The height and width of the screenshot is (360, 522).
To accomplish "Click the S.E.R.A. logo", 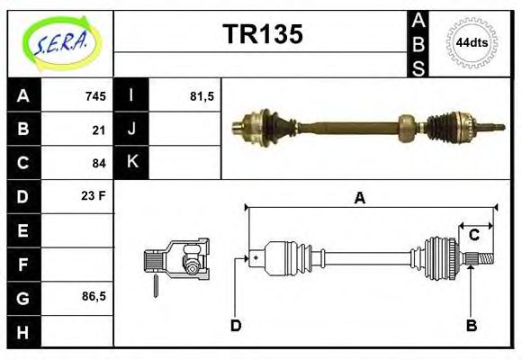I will click(x=60, y=42).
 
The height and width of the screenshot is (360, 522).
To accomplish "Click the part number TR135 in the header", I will click(x=262, y=34).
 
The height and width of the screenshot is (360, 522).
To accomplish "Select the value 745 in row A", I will click(x=95, y=96).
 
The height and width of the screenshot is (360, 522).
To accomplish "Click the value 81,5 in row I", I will click(x=202, y=96).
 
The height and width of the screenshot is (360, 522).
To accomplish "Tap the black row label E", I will click(x=22, y=230).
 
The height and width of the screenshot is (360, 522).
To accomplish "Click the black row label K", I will click(x=131, y=163).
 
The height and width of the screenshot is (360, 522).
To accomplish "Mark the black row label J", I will click(x=131, y=130).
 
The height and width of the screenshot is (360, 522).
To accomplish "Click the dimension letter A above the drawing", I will click(x=359, y=199).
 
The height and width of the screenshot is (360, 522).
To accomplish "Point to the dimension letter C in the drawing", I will click(x=473, y=236).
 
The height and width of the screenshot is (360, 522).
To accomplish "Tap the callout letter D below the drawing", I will click(x=235, y=325).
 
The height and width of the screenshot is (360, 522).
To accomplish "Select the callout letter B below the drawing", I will click(x=471, y=325).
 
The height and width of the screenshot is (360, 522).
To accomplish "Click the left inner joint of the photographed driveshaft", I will click(x=256, y=124).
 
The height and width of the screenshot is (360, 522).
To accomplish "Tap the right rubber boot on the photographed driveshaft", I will click(x=445, y=128).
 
